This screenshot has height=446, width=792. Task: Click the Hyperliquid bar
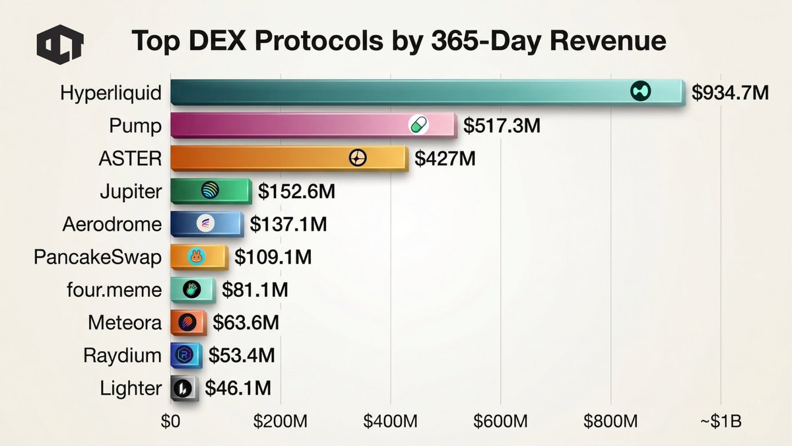pos(396,92)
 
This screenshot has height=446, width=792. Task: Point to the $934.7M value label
pos(730,93)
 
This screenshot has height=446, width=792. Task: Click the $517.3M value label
pos(502,126)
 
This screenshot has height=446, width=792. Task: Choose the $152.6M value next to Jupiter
pos(296,192)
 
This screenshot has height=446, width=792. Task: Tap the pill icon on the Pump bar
pos(418,124)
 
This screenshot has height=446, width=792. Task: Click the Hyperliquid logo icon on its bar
pos(640,92)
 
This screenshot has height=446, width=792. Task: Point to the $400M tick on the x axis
pos(391,421)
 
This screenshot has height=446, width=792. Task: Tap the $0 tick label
pos(171,421)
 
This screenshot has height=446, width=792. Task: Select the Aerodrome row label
pos(112,224)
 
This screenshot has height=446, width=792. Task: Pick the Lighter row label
pos(131,389)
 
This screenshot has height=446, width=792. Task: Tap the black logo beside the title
pos(59,44)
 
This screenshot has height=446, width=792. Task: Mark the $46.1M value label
pos(238,389)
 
